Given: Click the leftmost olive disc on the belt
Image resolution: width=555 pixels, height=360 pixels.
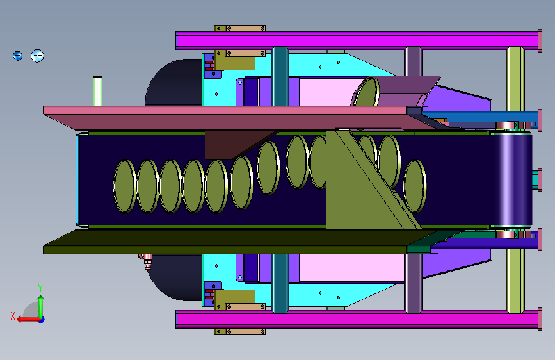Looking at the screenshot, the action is pyautogui.click(x=125, y=186).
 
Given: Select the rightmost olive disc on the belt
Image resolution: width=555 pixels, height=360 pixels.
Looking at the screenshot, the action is pyautogui.click(x=414, y=186).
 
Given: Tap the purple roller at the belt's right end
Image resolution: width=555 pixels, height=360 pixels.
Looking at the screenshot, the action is pyautogui.click(x=513, y=179).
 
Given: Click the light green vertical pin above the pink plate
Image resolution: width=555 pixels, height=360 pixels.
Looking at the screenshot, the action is pyautogui.click(x=98, y=91).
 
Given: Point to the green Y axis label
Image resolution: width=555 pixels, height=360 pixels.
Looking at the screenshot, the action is pyautogui.click(x=40, y=288).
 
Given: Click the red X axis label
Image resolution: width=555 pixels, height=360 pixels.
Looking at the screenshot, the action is pyautogui.click(x=13, y=316).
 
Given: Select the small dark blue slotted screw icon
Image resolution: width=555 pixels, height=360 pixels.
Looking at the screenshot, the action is pyautogui.click(x=18, y=56).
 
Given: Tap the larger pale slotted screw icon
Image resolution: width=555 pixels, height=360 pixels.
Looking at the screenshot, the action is pyautogui.click(x=38, y=56).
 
